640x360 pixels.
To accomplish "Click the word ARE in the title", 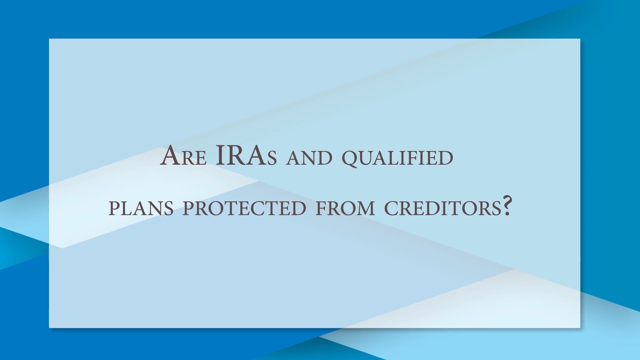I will point(183,156).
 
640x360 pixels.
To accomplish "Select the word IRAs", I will point(246,156).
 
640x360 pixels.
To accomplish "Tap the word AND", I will point(309,158).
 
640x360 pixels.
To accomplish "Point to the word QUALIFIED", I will point(397,158).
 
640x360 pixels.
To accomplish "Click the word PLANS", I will point(141,208).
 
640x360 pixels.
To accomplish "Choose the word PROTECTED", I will point(244,208).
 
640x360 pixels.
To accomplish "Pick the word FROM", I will point(345,208).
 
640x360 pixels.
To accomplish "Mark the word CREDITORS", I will point(443,208).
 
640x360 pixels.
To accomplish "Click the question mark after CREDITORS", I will point(507,206).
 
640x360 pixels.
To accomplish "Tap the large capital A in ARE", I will point(170,156).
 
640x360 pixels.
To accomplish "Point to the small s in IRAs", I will point(272,158).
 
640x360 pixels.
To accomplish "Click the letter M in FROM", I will point(366,209).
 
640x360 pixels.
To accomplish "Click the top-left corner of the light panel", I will point(49,39).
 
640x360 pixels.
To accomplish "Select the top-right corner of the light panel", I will point(580,39).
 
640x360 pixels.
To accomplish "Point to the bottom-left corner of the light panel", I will point(49,328).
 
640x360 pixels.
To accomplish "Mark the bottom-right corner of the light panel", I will point(580,328).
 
